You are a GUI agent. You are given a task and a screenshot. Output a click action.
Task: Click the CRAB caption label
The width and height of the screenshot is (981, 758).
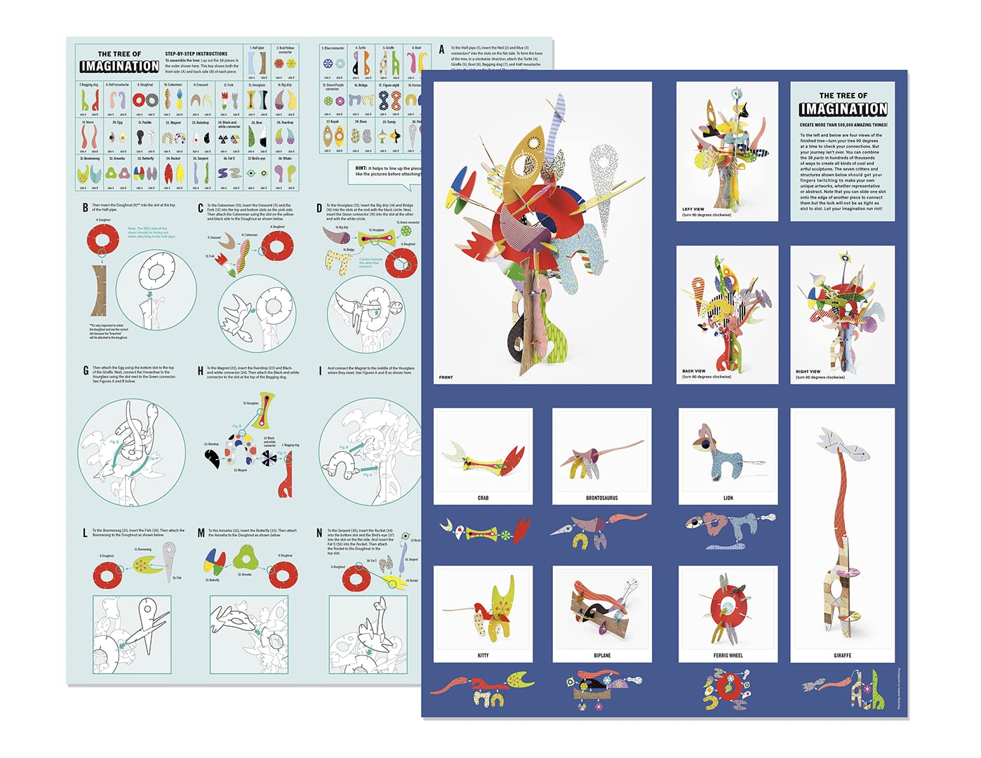click(483, 498)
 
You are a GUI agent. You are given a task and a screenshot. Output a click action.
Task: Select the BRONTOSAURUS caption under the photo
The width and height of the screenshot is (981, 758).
click(601, 498)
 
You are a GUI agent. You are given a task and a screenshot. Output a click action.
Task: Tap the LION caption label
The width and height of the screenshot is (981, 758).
click(728, 498)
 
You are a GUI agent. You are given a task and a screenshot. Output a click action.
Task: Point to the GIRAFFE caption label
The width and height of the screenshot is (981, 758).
click(842, 655)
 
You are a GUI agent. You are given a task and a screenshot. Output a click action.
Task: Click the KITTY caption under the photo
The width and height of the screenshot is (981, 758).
click(483, 655)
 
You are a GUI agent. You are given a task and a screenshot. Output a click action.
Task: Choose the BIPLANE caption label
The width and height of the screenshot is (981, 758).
click(601, 655)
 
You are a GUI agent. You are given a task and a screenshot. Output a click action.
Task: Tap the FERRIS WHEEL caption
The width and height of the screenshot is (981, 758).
click(728, 655)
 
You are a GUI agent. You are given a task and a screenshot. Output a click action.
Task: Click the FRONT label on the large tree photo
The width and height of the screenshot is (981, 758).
click(446, 378)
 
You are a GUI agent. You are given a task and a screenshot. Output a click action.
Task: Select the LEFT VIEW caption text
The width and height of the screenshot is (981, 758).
click(693, 209)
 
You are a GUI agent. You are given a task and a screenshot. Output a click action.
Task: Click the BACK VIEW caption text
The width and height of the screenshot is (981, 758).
click(693, 371)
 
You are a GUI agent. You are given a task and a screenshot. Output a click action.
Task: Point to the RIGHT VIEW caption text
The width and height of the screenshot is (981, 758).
click(808, 371)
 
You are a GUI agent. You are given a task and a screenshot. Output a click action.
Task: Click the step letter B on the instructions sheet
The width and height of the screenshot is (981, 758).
click(86, 208)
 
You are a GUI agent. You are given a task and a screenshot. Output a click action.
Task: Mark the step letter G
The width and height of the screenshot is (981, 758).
click(86, 371)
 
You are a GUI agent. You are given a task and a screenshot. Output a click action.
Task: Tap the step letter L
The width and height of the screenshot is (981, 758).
click(86, 533)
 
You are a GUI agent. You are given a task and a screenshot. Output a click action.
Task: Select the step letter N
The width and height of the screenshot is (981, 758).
click(319, 533)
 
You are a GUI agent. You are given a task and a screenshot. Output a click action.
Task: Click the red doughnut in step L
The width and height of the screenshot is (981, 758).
click(107, 576)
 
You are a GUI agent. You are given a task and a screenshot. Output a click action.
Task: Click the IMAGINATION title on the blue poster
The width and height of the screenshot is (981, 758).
click(843, 109)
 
